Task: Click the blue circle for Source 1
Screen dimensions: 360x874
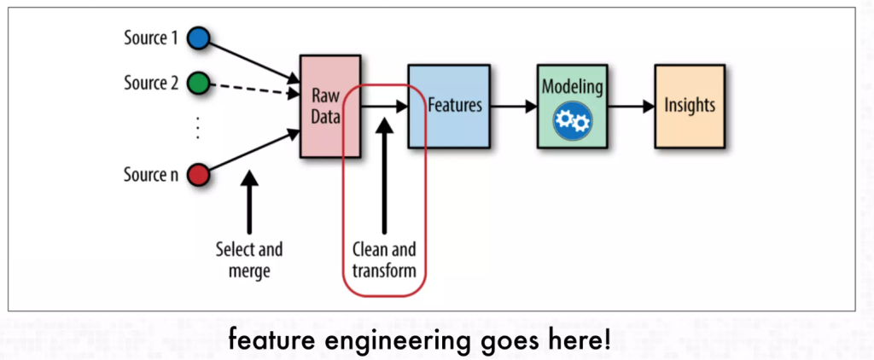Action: tap(197, 38)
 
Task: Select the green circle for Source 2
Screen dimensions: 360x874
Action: tap(197, 84)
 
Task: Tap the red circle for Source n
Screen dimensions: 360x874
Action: tap(197, 175)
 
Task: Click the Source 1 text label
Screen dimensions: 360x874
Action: tap(153, 38)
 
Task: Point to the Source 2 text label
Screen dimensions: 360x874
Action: tap(153, 84)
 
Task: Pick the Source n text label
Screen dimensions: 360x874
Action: tap(153, 176)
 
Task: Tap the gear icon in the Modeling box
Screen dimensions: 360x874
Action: tap(571, 121)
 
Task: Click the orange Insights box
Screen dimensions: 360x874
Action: tap(689, 106)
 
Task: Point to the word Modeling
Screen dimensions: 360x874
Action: tap(572, 87)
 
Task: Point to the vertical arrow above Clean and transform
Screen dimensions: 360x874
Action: tap(384, 175)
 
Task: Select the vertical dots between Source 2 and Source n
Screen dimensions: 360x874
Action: tap(197, 129)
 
